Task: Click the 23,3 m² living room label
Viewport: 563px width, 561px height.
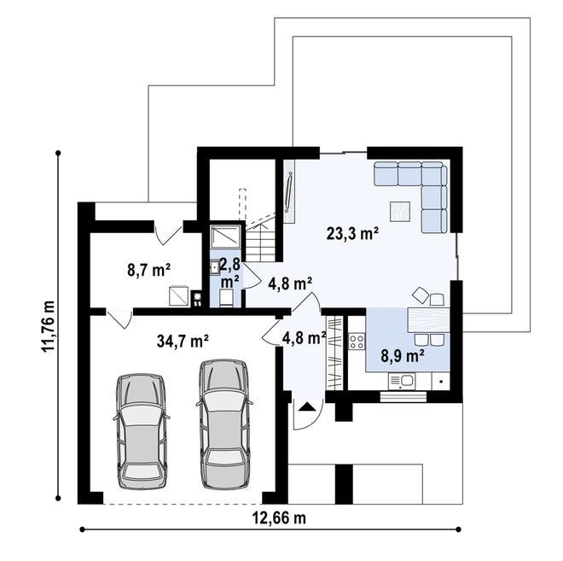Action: click(x=352, y=231)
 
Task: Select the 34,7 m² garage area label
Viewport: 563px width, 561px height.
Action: click(x=183, y=341)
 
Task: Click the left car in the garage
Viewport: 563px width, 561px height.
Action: click(x=142, y=427)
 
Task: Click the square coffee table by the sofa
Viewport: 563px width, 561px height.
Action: click(x=399, y=210)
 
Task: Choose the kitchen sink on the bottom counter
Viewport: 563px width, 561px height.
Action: click(x=405, y=381)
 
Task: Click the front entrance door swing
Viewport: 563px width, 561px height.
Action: click(x=304, y=413)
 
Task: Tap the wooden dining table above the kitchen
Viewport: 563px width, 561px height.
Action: click(x=428, y=319)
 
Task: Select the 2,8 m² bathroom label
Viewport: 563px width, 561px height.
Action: click(x=229, y=272)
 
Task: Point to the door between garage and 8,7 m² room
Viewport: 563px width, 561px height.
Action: click(x=120, y=318)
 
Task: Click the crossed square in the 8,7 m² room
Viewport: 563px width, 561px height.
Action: click(x=179, y=295)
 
